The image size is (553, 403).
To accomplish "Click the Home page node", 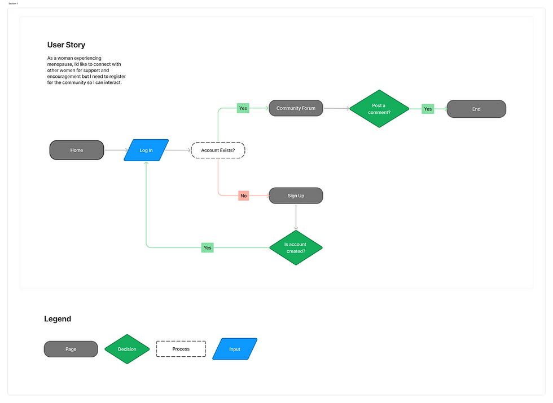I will [77, 150].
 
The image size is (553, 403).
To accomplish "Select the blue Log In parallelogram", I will [146, 150].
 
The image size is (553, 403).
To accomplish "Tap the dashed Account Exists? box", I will [218, 150].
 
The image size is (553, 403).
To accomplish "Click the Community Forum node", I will [296, 108].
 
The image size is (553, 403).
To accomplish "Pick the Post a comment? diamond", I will [379, 109].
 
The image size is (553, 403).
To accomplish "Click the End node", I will [476, 109].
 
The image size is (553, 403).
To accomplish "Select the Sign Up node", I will [296, 196].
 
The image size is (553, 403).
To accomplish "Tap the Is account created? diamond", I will [295, 247].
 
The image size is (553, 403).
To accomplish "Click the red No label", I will [244, 196].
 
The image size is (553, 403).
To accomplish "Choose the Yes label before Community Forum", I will [243, 108].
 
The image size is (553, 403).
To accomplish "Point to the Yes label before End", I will [428, 109].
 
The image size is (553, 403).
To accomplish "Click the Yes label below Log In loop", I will [207, 247].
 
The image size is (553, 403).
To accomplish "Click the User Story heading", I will [66, 45].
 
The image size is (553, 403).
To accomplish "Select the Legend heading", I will [58, 319].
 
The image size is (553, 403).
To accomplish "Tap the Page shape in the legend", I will [71, 349].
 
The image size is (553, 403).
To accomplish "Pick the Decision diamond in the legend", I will [127, 349].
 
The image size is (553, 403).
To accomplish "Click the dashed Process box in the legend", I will [181, 349].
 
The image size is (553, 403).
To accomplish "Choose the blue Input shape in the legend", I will [235, 349].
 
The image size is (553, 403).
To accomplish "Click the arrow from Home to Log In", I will [115, 150].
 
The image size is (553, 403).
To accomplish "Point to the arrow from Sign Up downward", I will [296, 217].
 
